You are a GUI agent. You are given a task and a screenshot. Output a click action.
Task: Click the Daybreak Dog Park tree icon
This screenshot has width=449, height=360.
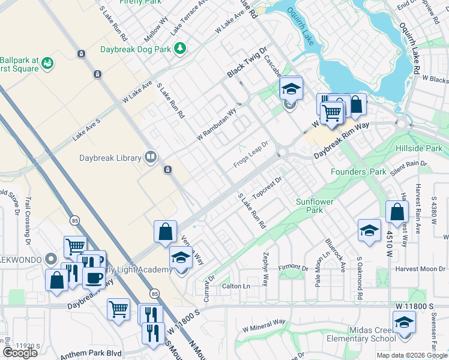point(179,48)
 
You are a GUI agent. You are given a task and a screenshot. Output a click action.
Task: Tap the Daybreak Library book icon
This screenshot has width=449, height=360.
point(150,158)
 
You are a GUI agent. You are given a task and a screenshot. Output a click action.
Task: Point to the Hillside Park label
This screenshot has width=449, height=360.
point(419,148)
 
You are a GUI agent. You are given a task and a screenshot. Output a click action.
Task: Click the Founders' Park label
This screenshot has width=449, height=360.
point(358,172)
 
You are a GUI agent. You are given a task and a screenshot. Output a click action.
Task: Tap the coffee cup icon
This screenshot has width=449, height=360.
point(93,278)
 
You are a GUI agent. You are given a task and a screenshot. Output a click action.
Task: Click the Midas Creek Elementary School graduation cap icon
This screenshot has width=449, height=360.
point(404,322)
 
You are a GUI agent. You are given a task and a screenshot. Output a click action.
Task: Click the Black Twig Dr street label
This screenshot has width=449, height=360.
point(246,63)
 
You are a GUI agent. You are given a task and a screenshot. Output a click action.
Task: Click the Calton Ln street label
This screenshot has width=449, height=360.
point(236,286)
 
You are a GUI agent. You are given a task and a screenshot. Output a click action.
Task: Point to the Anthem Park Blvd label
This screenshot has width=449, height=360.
point(90,353)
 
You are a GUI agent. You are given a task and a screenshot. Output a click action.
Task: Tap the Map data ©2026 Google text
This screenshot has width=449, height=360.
point(411,355)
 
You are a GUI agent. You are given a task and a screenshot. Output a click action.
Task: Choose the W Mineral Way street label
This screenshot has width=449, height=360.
point(264,326)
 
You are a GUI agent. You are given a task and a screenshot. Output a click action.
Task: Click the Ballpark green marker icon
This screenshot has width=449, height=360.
point(47,63)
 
